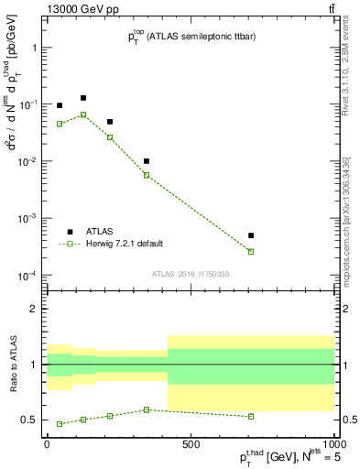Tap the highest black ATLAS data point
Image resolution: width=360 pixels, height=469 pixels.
coord(83,97)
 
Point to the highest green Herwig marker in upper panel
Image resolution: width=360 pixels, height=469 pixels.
coord(83,115)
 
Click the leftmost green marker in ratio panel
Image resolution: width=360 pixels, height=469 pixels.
coord(60,424)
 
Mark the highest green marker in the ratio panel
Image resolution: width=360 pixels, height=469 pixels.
coord(147,409)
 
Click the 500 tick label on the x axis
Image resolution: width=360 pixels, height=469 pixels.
coord(191,443)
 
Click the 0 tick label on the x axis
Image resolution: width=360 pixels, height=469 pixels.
coord(47,443)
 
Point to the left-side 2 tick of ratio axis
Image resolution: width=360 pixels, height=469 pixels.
coord(34,309)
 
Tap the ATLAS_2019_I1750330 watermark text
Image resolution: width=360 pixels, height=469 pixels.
coord(190,274)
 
